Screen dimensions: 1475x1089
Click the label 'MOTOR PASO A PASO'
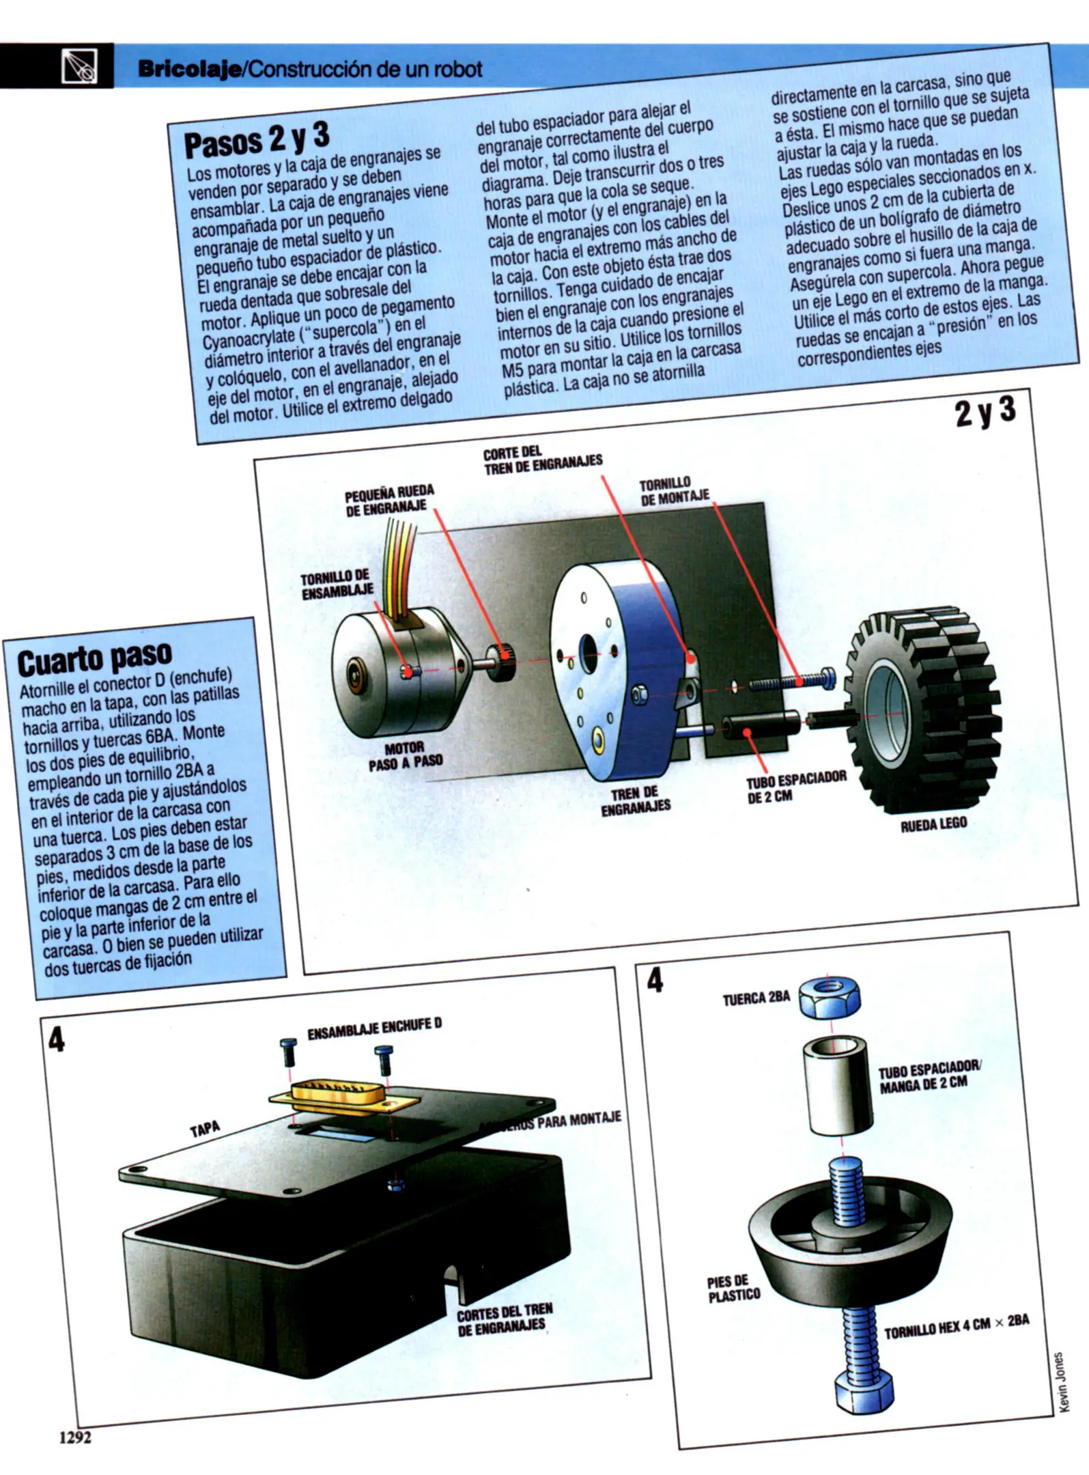click(x=406, y=755)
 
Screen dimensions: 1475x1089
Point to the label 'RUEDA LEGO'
click(x=933, y=824)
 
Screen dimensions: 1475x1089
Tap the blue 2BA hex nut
click(x=829, y=997)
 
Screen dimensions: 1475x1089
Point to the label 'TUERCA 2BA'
click(x=756, y=998)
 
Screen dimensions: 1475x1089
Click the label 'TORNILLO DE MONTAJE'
click(x=675, y=492)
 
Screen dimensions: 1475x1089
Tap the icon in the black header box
click(x=79, y=67)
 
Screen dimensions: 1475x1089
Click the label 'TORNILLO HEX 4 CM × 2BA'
click(x=956, y=1326)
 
